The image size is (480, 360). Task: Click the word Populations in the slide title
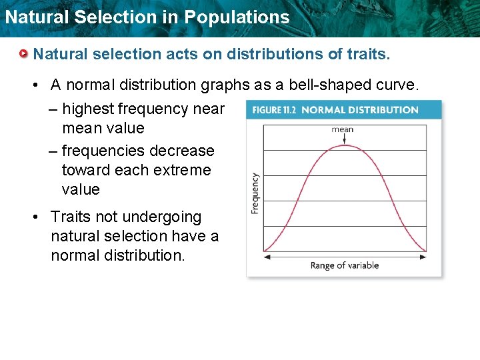pos(237,17)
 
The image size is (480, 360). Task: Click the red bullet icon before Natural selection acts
pos(24,54)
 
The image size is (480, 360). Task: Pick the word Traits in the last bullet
pos(69,217)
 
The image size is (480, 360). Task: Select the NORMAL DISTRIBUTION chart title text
pos(360,110)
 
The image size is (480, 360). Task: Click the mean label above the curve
pos(343,129)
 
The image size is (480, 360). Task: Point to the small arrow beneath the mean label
pos(343,139)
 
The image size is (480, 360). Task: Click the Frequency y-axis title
pos(255,193)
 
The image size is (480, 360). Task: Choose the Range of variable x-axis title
pos(344,265)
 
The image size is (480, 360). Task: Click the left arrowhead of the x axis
pos(266,252)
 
